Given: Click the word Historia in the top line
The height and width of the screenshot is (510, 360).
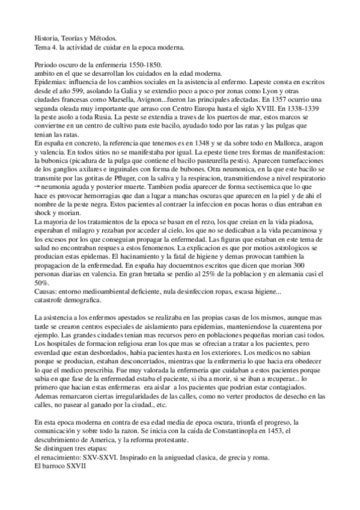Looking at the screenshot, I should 45,38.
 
